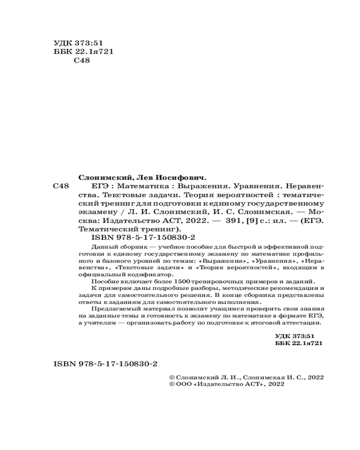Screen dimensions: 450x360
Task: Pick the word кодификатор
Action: pos(151,274)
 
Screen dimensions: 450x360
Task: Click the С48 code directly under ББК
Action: pos(81,61)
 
